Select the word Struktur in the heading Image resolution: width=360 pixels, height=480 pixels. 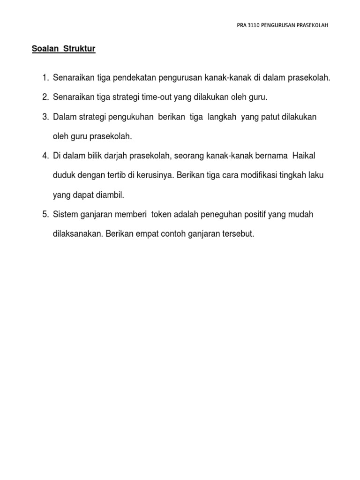coord(79,49)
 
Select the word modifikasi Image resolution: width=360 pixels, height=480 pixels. coord(254,175)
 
